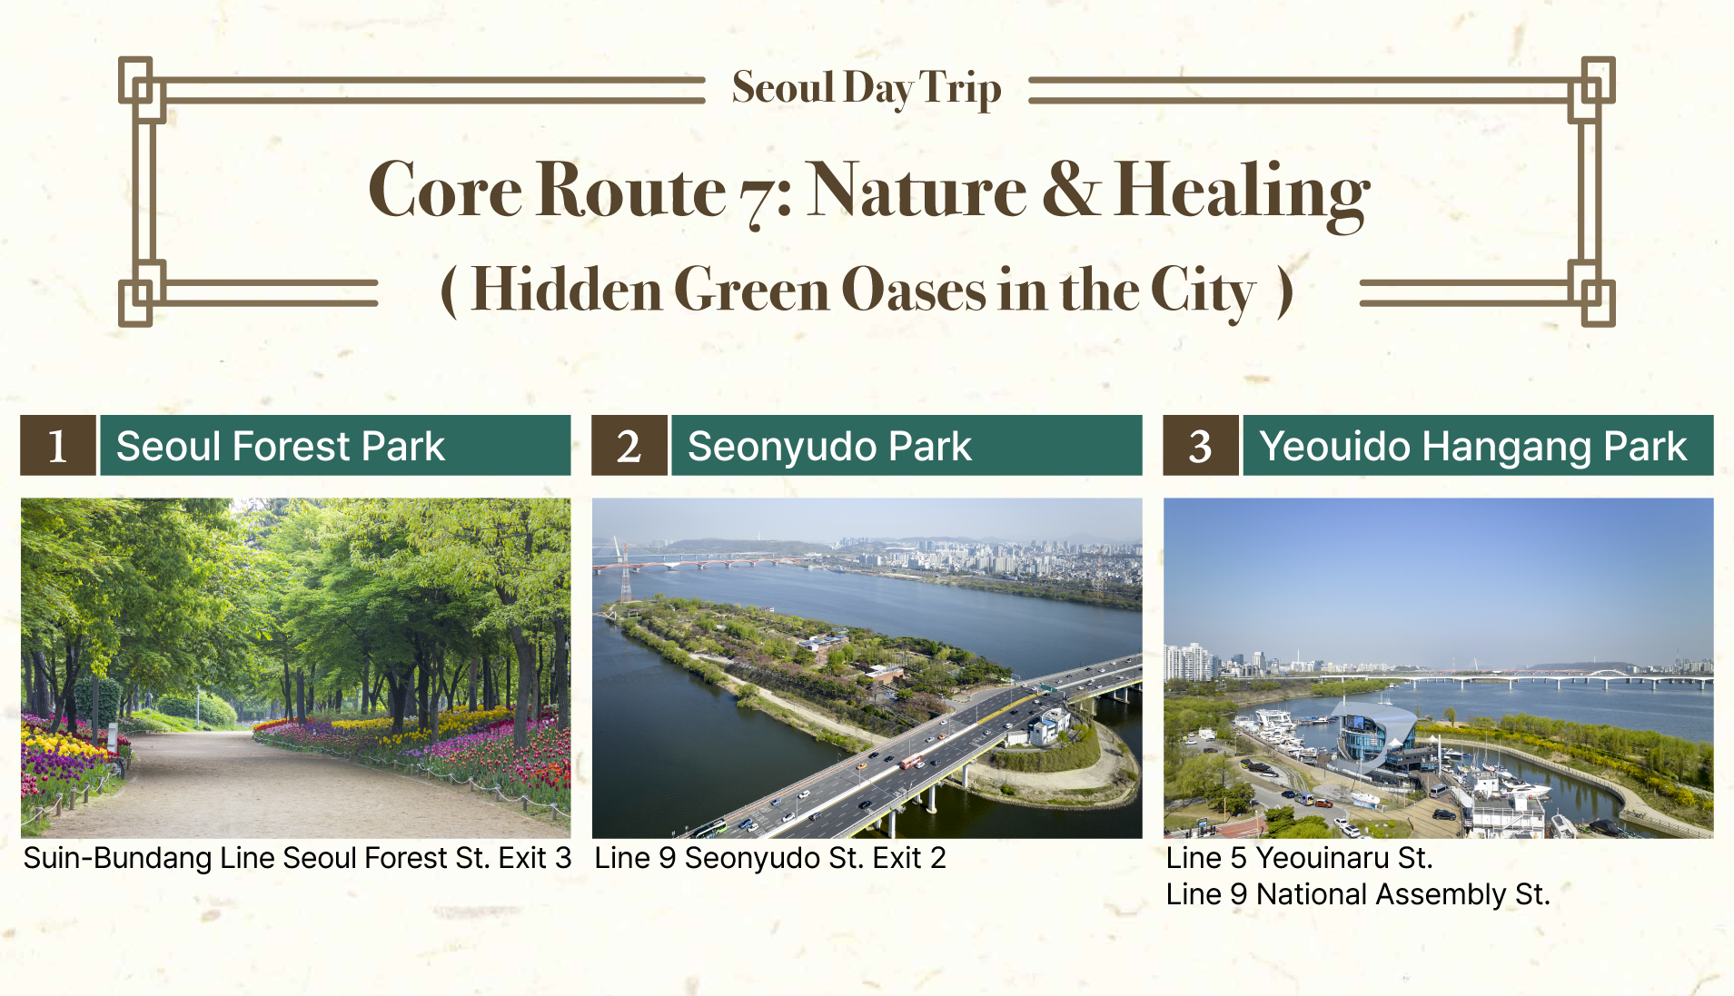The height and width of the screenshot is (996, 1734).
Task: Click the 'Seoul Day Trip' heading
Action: [867, 89]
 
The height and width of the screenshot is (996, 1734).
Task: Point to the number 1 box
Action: [58, 446]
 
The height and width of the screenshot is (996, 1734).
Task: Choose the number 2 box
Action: [629, 446]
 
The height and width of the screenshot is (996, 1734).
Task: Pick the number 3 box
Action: [1201, 446]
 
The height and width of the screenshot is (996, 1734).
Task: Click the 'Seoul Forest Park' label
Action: [281, 447]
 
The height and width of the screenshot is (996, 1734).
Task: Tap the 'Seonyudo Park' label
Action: [829, 447]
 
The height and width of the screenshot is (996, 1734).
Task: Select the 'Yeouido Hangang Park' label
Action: [1473, 447]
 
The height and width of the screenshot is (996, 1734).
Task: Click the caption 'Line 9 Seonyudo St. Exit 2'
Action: [770, 858]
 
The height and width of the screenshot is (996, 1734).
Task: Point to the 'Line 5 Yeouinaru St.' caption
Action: [1300, 858]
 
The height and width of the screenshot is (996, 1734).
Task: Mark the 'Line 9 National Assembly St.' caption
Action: [1358, 894]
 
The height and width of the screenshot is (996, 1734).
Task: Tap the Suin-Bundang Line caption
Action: [297, 858]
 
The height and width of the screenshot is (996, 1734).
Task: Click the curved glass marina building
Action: [1377, 732]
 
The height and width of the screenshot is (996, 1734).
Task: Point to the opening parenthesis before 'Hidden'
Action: [449, 291]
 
